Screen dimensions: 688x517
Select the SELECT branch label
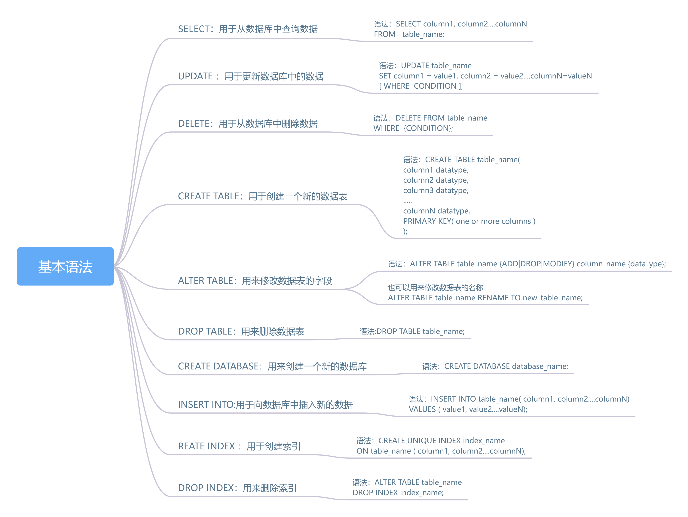(248, 29)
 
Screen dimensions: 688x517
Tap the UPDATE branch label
(250, 76)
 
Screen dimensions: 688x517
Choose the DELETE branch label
(248, 124)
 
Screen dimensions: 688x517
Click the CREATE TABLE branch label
(262, 196)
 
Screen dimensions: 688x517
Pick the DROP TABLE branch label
(241, 331)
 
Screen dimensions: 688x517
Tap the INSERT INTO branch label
(265, 404)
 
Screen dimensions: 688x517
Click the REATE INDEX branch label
(239, 446)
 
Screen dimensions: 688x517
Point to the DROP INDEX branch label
(237, 488)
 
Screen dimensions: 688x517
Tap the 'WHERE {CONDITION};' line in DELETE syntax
(413, 128)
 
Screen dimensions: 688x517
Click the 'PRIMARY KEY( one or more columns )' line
(469, 221)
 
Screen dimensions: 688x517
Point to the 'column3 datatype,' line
(436, 190)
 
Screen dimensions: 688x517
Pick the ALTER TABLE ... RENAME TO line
(485, 298)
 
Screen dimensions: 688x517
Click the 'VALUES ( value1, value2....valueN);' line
(468, 409)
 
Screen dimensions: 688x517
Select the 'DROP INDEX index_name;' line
(398, 492)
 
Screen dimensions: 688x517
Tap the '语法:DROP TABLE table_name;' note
(412, 331)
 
